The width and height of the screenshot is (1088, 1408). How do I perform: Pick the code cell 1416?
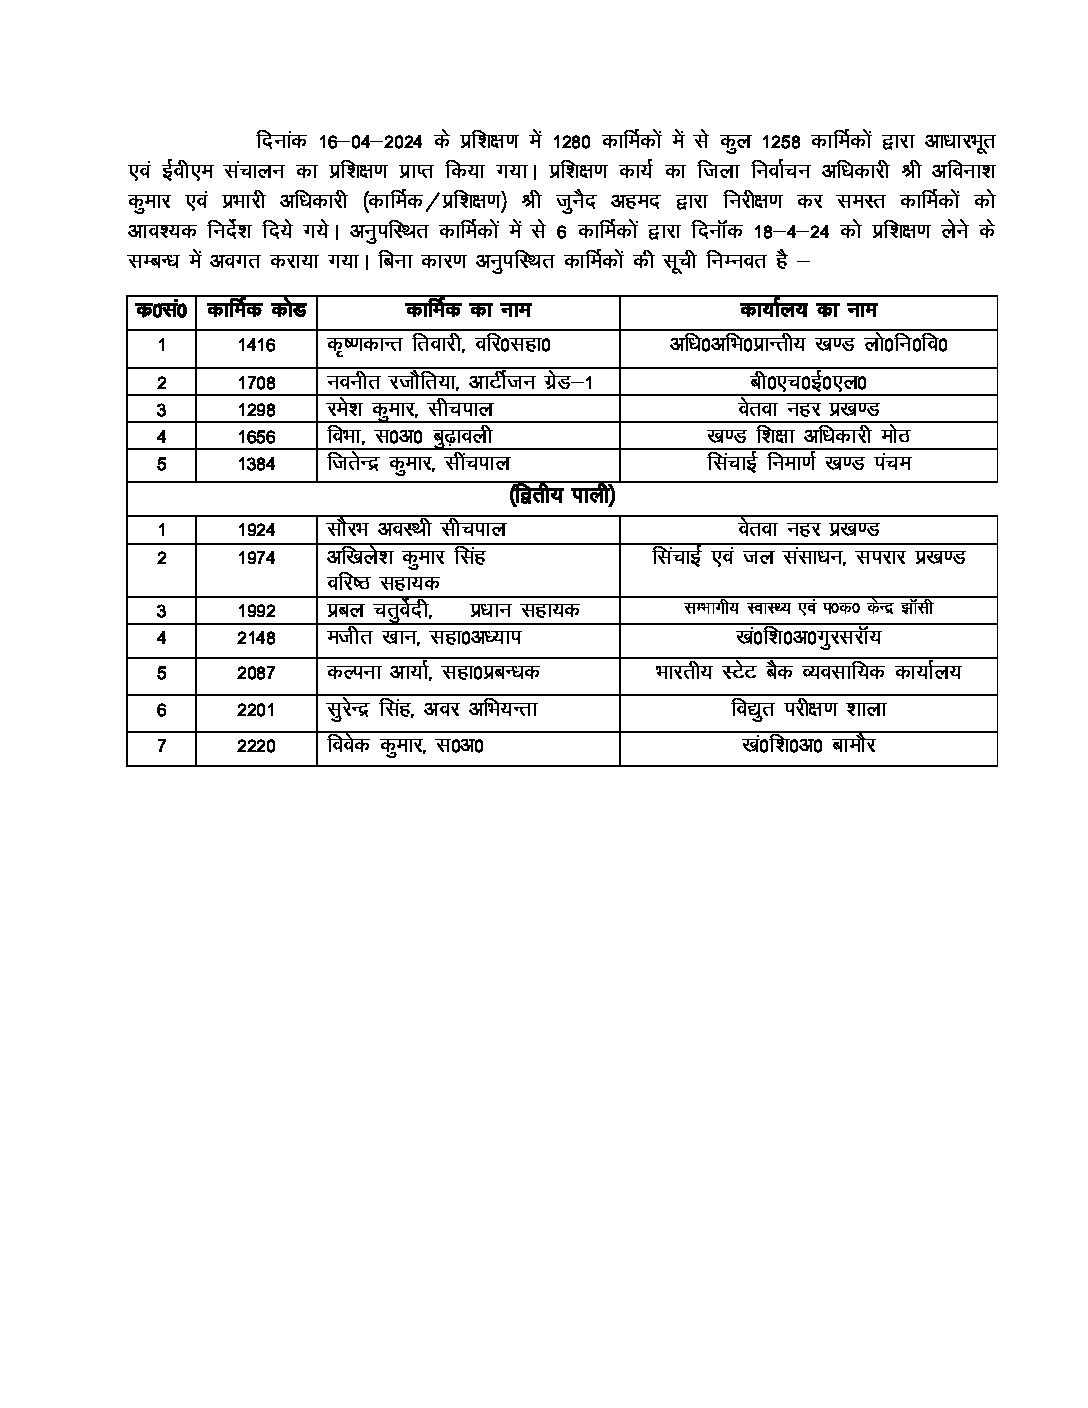coord(256,346)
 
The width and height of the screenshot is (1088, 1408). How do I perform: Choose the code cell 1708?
coord(256,382)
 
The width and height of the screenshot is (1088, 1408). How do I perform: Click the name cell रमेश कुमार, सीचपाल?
coord(410,409)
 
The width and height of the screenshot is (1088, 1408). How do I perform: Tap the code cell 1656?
coord(256,437)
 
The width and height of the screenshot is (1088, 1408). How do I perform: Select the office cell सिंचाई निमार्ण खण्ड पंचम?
coord(808,464)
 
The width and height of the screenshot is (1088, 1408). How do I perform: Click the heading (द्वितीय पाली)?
coord(562,496)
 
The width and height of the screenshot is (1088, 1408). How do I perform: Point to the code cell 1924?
coord(256,530)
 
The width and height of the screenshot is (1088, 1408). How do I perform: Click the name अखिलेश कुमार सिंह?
coord(407,558)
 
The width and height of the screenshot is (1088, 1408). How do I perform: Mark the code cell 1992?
coord(256,610)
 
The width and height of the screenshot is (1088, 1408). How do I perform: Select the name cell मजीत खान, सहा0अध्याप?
coord(424,638)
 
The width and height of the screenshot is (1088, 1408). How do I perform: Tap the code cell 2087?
coord(256,673)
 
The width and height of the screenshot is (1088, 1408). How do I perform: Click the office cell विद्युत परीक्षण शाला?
coord(808,710)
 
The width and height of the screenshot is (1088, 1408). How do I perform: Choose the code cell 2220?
coord(256,746)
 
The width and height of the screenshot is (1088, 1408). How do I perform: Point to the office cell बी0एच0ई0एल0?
coord(808,382)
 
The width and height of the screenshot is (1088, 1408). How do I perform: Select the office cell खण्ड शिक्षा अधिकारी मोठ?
coord(808,437)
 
